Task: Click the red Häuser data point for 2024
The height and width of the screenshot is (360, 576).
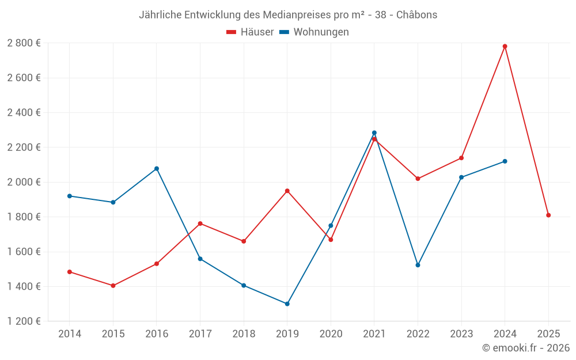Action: (505, 46)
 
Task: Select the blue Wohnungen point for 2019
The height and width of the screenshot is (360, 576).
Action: (287, 304)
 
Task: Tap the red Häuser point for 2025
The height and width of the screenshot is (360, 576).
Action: (548, 215)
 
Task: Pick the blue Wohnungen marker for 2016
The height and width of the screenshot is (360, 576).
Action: (157, 169)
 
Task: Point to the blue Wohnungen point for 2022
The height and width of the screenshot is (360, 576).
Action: (418, 265)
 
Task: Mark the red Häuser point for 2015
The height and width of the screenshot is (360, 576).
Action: (113, 286)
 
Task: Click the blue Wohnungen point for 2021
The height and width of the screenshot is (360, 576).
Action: (374, 132)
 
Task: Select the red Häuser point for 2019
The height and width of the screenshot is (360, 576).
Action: (287, 191)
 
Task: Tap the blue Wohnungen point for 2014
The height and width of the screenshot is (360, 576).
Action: (70, 196)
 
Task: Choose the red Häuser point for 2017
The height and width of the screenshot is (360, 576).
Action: (200, 223)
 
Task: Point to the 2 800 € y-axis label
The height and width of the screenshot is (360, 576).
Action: (24, 43)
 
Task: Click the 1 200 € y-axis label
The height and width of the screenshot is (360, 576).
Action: (24, 321)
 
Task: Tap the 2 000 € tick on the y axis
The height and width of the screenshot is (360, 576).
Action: (24, 182)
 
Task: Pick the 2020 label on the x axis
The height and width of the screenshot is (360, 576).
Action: (331, 334)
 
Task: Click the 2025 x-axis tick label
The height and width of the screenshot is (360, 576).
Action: (548, 334)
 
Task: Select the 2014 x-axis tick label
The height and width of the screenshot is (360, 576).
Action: (70, 334)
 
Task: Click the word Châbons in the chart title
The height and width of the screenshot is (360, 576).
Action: (417, 15)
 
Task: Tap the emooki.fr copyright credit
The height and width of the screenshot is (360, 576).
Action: (526, 348)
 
